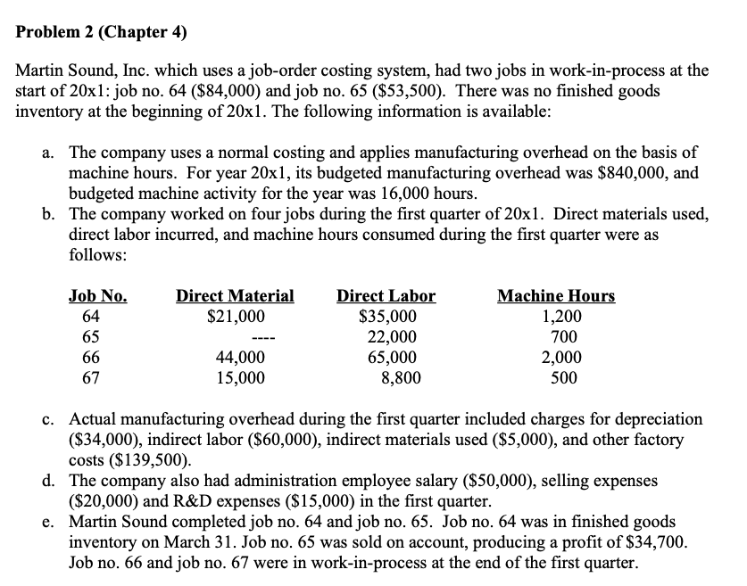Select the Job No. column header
[x=97, y=296]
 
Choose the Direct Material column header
[x=235, y=296]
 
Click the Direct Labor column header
[x=386, y=296]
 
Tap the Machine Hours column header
[x=555, y=296]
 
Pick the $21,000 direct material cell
[x=236, y=316]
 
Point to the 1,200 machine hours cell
[x=562, y=316]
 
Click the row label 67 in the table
[x=79, y=377]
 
